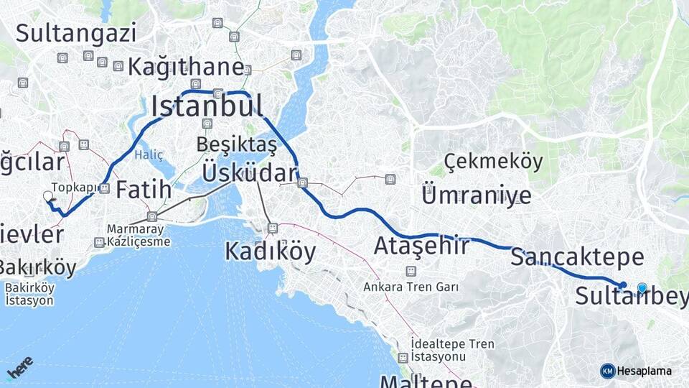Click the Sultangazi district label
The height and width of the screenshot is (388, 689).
pyautogui.click(x=75, y=33)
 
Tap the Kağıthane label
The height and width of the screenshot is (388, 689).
pyautogui.click(x=186, y=68)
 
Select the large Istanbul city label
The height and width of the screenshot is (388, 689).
pyautogui.click(x=207, y=106)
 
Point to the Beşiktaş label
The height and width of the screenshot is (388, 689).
pyautogui.click(x=236, y=144)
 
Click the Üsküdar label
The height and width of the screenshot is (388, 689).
pyautogui.click(x=249, y=172)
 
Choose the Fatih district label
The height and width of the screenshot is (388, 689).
pyautogui.click(x=144, y=190)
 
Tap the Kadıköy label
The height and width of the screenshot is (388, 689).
pyautogui.click(x=270, y=251)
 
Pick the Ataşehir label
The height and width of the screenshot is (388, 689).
pyautogui.click(x=421, y=246)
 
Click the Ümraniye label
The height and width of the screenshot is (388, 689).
pyautogui.click(x=477, y=194)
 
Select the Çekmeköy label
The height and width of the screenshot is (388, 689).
pyautogui.click(x=493, y=162)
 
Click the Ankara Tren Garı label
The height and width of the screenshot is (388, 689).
pyautogui.click(x=411, y=287)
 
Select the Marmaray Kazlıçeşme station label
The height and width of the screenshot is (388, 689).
pyautogui.click(x=139, y=236)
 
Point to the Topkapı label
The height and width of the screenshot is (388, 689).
pyautogui.click(x=73, y=187)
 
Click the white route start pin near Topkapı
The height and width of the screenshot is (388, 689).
pyautogui.click(x=48, y=196)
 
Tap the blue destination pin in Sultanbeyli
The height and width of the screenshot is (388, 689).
pyautogui.click(x=642, y=289)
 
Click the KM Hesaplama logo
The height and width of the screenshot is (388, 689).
pyautogui.click(x=636, y=371)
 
